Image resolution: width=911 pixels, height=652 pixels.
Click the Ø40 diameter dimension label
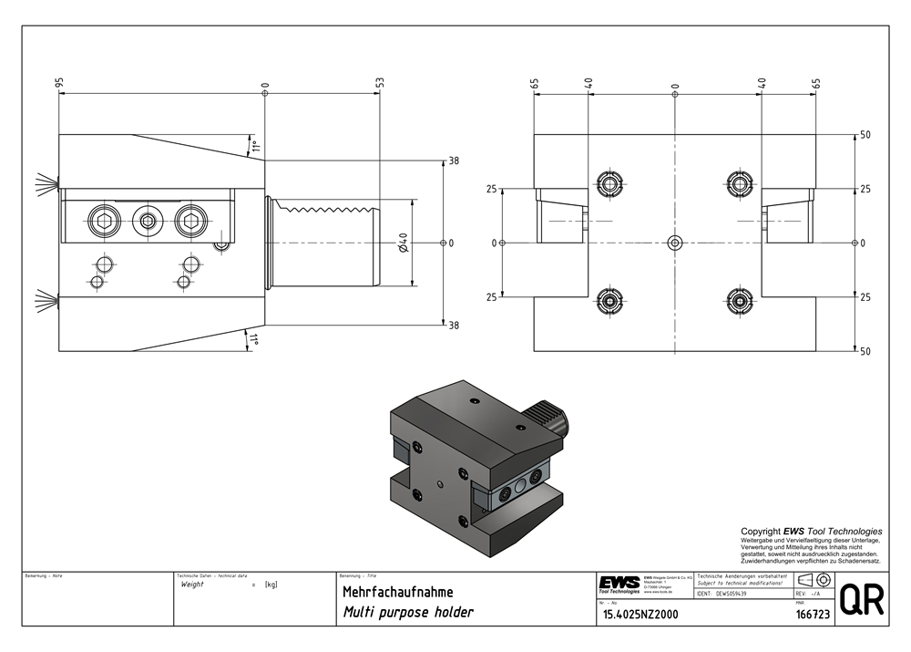point(403,243)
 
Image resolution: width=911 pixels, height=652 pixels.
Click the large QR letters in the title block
point(860,600)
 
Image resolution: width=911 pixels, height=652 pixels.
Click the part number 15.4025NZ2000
point(640,615)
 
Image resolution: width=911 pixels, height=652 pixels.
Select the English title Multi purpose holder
point(407,613)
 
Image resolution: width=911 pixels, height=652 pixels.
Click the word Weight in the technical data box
point(192,584)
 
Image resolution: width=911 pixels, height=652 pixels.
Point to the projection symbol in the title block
point(811,580)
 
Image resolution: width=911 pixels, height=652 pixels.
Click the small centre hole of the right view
point(674,243)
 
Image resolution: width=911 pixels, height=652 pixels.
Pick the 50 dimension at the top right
point(865,135)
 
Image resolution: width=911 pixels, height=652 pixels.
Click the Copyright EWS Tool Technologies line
point(811,532)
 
